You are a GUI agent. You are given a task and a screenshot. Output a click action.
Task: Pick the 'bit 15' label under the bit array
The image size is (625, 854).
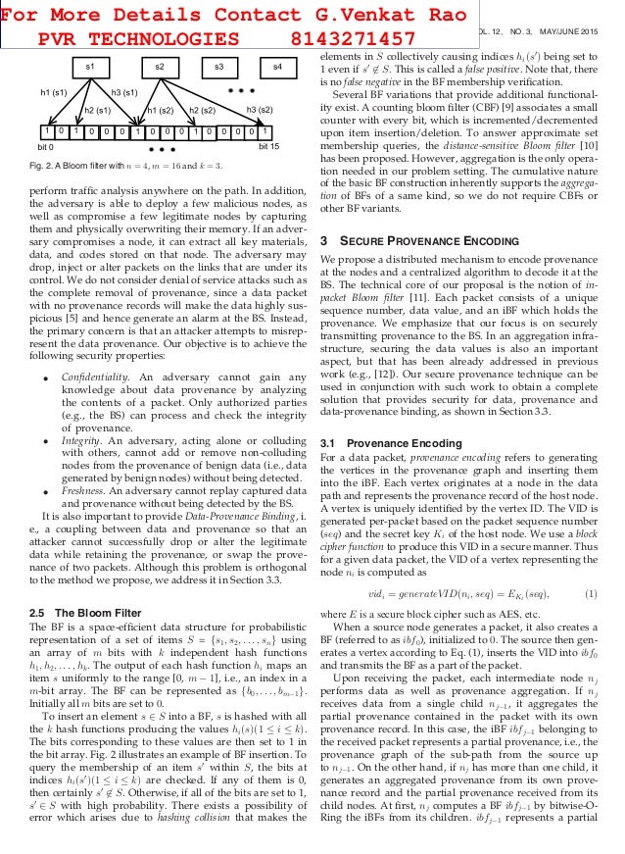click(268, 145)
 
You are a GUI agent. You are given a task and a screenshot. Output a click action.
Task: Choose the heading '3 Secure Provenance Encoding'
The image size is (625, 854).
click(424, 238)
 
